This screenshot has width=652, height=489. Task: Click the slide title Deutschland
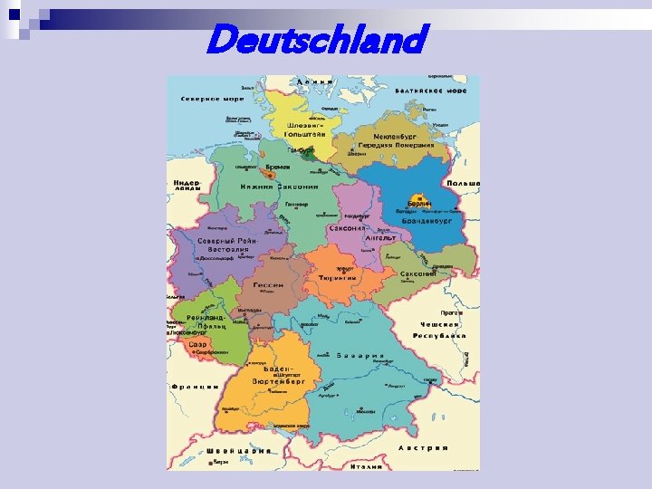click(x=315, y=39)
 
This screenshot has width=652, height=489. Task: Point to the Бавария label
click(x=360, y=356)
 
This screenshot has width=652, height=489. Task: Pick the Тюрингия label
click(x=337, y=278)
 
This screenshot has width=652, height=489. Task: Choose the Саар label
click(x=197, y=345)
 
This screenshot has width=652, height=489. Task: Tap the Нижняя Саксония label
click(x=279, y=187)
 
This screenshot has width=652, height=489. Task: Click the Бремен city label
click(x=278, y=168)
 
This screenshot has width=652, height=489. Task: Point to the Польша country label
click(x=463, y=184)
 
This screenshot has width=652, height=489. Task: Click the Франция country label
click(x=193, y=386)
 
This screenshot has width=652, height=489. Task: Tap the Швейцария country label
click(x=238, y=451)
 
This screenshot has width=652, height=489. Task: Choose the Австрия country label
click(x=423, y=447)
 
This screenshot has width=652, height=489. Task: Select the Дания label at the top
click(x=315, y=81)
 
